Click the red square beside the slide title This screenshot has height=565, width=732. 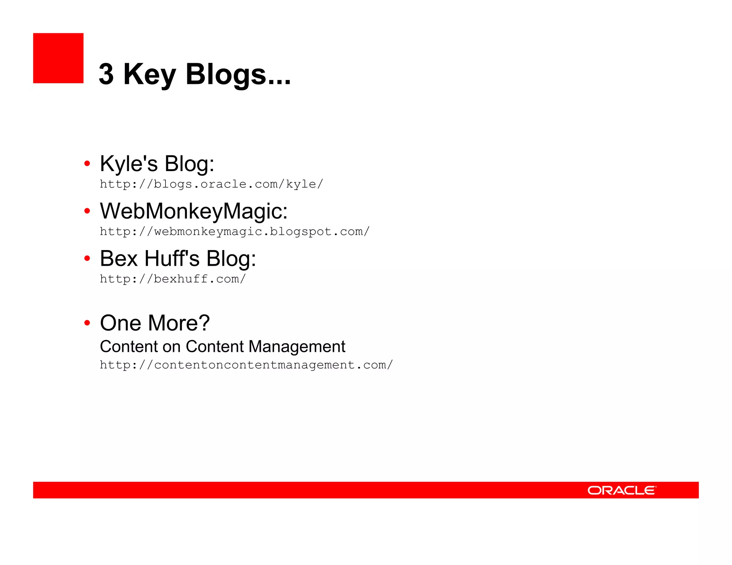coord(58,58)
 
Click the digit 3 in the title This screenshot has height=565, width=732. coord(106,74)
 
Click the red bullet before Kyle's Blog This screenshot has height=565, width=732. coord(87,164)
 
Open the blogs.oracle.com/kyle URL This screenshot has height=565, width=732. coord(211,184)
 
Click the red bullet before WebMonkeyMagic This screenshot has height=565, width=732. coord(87,211)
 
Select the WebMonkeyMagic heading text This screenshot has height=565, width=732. coord(193,211)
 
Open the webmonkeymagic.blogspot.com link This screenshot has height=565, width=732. coord(234,232)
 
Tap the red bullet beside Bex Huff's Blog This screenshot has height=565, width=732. coord(87,258)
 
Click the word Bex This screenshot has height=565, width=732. coord(119,259)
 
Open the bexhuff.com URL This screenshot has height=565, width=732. coord(173,279)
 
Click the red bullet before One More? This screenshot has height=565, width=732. coord(87,323)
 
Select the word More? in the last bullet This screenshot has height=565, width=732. coord(179,323)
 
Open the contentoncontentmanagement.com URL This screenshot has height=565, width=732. coord(246,365)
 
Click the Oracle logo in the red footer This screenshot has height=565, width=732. coord(622,490)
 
